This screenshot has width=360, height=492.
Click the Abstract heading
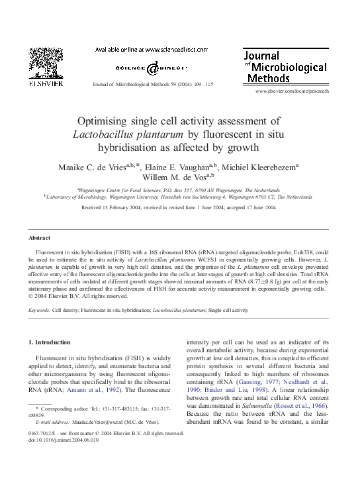[40, 237]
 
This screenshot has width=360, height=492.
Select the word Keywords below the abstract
[39, 309]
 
